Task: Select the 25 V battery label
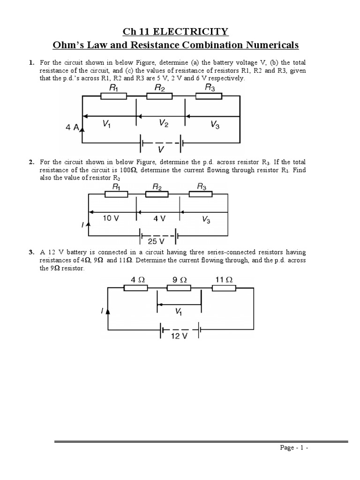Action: coord(156,241)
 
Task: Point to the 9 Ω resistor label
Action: coord(179,279)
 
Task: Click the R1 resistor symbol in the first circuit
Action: coord(114,96)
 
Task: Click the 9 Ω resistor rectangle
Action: coord(179,288)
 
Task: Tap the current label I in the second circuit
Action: coord(82,225)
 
